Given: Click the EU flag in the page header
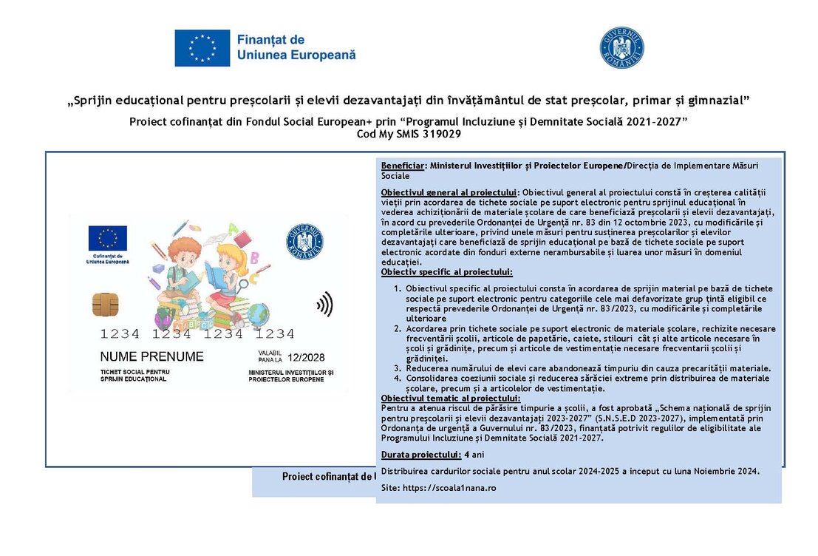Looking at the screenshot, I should point(202,47).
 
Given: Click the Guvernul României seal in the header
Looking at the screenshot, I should point(621,47).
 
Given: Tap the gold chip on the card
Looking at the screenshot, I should point(105,303).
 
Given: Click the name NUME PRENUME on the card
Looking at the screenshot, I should point(151,356).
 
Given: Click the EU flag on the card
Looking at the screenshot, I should point(108,238).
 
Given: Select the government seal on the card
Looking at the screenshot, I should point(304,242).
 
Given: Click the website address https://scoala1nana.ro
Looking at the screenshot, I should point(450,488).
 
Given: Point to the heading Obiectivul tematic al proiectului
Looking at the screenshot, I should point(450,399).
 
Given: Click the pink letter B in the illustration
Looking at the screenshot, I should point(255,257).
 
